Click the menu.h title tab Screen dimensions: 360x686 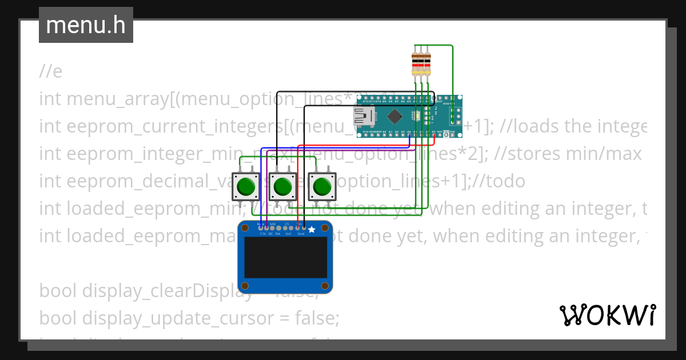pos(86,25)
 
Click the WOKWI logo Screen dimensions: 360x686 pos(607,315)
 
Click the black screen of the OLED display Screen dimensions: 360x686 pos(286,257)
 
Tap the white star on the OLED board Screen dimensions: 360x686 pos(312,229)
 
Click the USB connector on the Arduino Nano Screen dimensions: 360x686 pos(363,117)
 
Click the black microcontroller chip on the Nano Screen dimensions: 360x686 pos(395,117)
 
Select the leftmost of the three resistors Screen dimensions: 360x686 pos(416,63)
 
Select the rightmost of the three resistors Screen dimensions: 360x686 pos(427,63)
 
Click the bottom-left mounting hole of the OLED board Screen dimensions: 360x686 pos(245,285)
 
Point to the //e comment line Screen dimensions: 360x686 pos(51,71)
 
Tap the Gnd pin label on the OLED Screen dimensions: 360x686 pos(301,234)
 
